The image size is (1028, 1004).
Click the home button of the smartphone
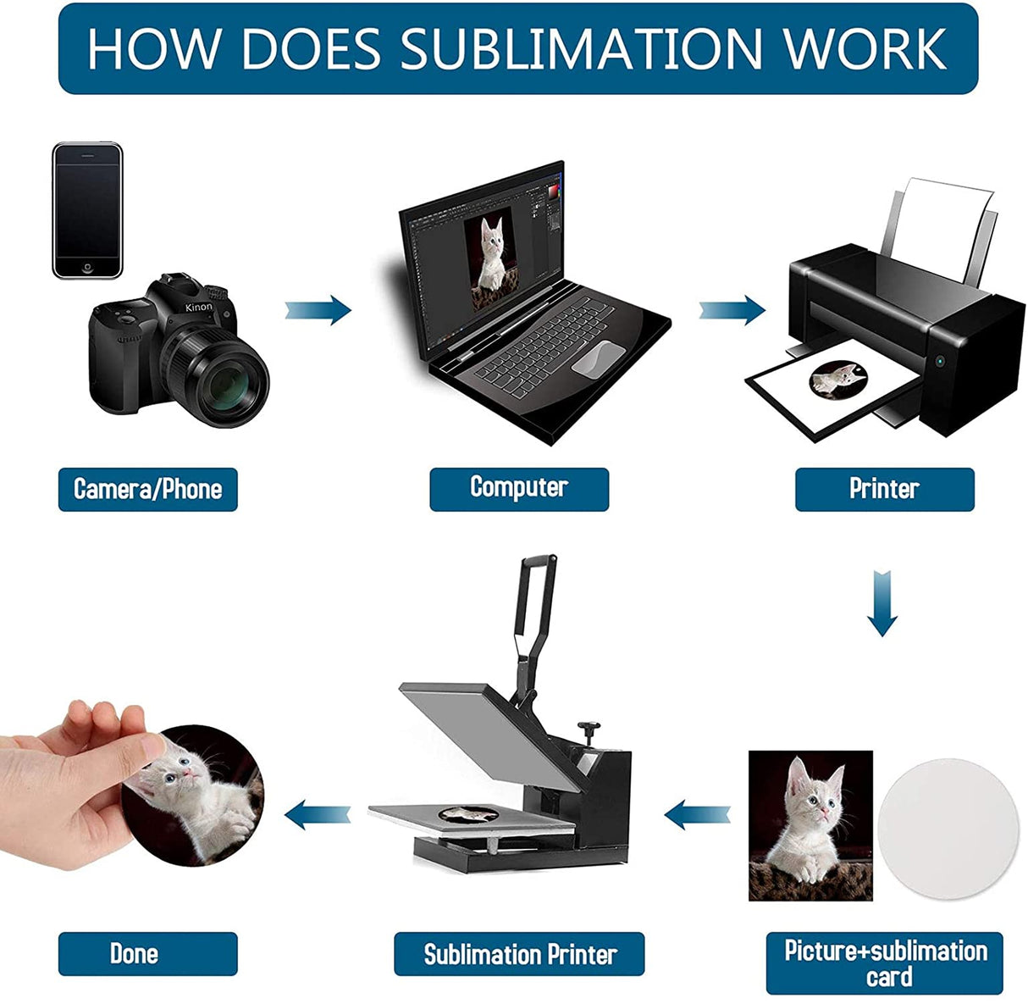86,268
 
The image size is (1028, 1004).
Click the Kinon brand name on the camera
199,308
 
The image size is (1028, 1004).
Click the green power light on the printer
939,362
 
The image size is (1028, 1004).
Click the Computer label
518,489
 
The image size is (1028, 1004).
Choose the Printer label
884,489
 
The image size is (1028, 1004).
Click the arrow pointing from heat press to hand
318,816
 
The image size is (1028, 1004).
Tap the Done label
135,954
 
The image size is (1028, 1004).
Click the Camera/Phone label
147,489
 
